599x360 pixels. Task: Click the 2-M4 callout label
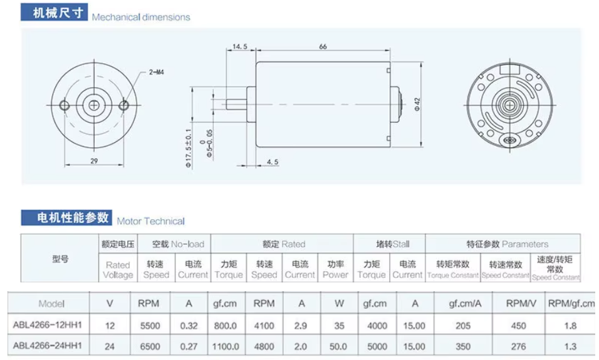click(157, 73)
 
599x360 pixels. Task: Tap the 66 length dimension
click(323, 47)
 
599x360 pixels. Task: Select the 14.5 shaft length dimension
click(240, 47)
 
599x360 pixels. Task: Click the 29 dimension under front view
click(93, 161)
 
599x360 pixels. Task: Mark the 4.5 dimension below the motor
click(273, 162)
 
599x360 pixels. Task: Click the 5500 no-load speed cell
click(148, 326)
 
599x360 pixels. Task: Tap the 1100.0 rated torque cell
click(224, 345)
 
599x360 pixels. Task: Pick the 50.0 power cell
click(339, 345)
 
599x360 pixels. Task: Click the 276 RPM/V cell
click(519, 345)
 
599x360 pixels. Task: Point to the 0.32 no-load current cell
click(189, 326)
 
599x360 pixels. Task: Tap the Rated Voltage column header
click(118, 270)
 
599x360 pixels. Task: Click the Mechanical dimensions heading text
click(141, 17)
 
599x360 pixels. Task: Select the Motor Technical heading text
click(151, 221)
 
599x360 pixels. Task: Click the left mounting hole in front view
click(63, 104)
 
